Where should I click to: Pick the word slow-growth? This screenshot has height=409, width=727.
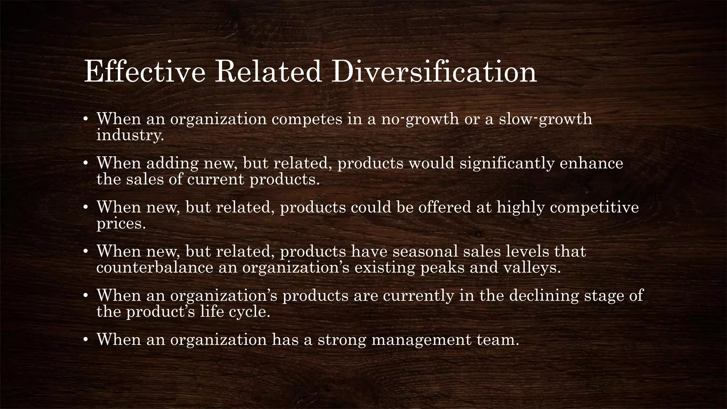click(546, 119)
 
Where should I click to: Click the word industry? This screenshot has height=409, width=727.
click(130, 135)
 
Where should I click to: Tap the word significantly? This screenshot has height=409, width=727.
click(507, 163)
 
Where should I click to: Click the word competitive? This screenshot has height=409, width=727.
click(594, 207)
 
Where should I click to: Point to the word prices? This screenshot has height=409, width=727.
click(121, 224)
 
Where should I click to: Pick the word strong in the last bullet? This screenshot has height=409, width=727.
click(341, 340)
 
